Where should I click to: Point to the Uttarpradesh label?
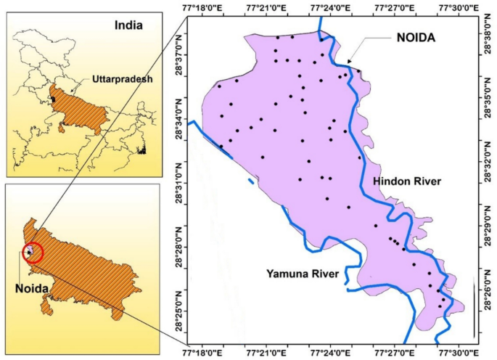pos(121,78)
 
